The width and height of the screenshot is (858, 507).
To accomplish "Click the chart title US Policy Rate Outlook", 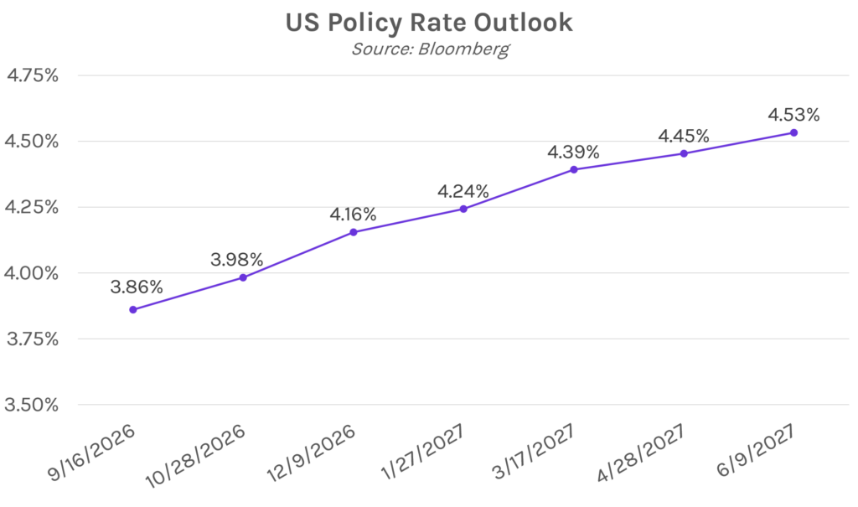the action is tap(429, 23).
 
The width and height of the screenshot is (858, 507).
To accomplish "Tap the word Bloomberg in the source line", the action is tap(463, 49).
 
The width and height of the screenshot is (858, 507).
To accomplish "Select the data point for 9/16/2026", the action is tap(133, 309).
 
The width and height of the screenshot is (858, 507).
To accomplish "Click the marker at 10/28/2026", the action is tap(243, 277).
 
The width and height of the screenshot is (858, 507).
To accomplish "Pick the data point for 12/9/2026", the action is tap(354, 232).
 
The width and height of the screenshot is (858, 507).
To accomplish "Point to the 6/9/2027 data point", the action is tap(794, 132).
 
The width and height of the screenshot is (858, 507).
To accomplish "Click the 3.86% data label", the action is tap(137, 287).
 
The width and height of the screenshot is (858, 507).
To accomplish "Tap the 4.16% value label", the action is tap(353, 214).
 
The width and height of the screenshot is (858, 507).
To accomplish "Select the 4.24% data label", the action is tap(463, 191).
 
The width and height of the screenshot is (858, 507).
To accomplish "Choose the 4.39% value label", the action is tap(573, 152).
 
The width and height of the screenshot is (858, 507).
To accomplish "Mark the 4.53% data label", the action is tap(794, 115).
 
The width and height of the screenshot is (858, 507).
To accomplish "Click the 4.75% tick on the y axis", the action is tap(33, 75).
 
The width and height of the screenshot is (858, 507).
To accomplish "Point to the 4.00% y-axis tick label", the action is tap(31, 273).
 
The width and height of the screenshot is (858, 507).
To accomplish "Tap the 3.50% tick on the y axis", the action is tap(31, 405).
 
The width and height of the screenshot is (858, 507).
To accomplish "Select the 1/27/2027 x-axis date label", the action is tap(423, 452).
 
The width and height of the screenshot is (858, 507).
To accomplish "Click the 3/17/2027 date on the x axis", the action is tap(534, 452).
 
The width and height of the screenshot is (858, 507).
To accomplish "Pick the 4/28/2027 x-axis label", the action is tap(641, 453).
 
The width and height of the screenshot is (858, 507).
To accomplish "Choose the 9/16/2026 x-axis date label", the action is tap(91, 453).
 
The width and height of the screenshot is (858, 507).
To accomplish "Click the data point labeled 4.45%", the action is tap(684, 153).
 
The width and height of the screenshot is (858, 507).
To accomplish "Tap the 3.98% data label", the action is tap(237, 260).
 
